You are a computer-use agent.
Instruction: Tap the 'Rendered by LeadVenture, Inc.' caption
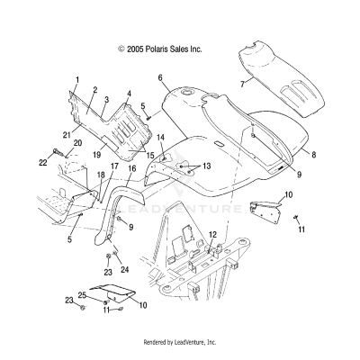tap(180, 343)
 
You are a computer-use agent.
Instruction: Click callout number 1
tap(77, 81)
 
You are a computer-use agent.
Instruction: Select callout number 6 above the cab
tap(159, 79)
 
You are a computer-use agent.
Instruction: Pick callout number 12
tap(212, 235)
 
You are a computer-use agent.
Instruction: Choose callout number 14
tap(160, 137)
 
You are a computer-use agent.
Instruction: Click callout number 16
tap(131, 168)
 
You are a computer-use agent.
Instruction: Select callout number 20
tap(77, 143)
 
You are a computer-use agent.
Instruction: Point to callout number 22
tap(42, 162)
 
